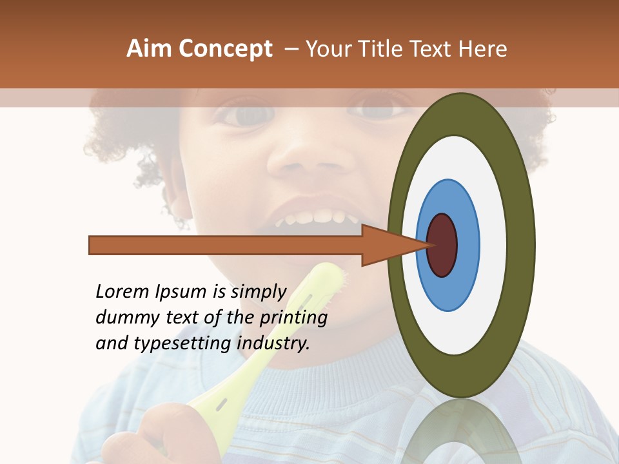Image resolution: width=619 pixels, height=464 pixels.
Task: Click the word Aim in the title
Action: pos(150,49)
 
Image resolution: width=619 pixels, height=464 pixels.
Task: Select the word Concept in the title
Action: pos(225,49)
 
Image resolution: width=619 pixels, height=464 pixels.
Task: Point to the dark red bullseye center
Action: pos(442,245)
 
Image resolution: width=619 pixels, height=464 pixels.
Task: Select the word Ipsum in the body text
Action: pos(182,293)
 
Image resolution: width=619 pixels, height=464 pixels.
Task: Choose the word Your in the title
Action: pos(328,49)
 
